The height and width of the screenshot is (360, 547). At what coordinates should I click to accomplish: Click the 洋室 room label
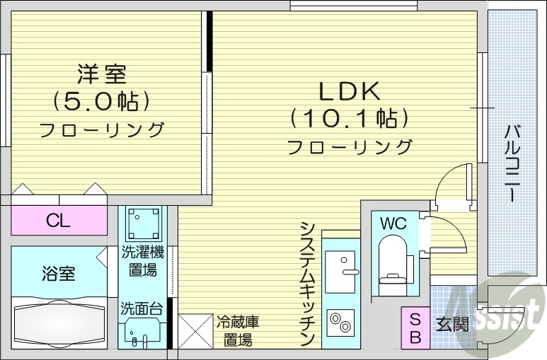(101, 74)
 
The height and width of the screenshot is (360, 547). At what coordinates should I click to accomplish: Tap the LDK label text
(350, 91)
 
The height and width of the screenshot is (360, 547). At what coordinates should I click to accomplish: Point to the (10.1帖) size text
(350, 117)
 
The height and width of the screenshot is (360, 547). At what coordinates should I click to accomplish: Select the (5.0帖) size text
(101, 101)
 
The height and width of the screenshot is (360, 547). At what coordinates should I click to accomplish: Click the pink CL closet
(59, 221)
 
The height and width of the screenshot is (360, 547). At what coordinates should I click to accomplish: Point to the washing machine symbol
(144, 223)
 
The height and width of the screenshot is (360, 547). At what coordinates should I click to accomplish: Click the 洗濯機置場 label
(143, 260)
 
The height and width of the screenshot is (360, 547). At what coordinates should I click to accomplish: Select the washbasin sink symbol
(144, 330)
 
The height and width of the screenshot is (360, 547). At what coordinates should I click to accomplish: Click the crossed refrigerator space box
(195, 330)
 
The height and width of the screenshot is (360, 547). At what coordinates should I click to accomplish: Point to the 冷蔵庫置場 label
(237, 330)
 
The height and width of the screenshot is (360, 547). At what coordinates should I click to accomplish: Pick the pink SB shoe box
(415, 327)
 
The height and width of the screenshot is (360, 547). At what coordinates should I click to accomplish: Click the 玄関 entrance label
(451, 325)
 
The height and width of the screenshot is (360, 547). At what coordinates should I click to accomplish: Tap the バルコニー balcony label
(513, 162)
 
